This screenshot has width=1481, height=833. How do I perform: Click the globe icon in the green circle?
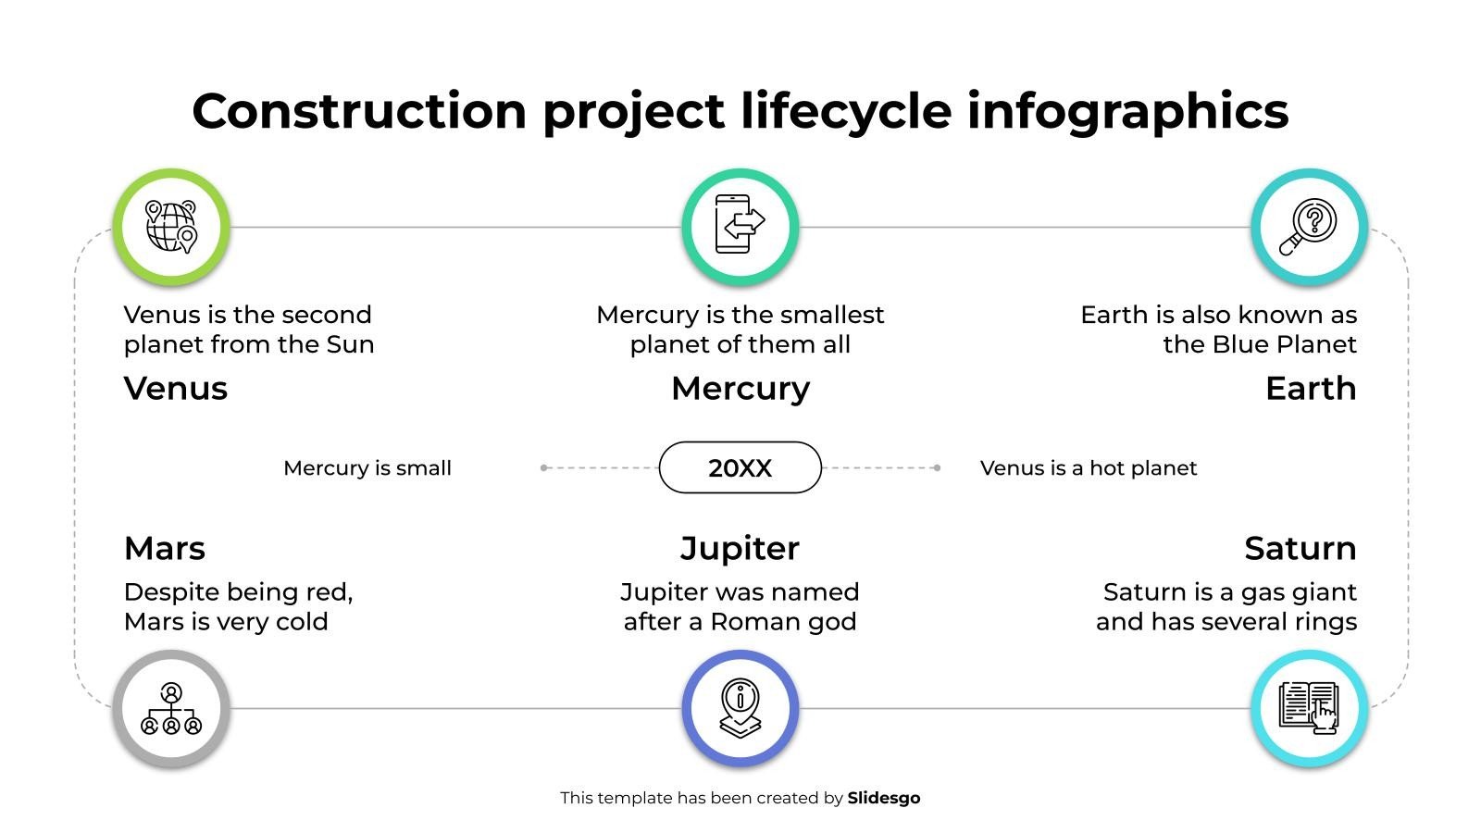[x=171, y=227]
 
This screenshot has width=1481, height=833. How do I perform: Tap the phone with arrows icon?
[x=740, y=224]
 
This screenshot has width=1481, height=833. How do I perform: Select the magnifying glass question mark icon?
[x=1308, y=227]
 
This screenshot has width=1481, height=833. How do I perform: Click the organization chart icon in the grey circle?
[x=171, y=709]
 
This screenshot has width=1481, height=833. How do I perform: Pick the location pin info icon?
[x=740, y=708]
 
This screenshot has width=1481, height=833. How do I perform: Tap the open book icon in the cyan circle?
[x=1309, y=708]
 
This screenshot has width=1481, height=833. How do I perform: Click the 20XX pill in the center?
[x=740, y=467]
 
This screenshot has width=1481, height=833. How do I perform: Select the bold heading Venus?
[x=175, y=388]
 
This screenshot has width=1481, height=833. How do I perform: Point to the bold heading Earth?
[x=1311, y=388]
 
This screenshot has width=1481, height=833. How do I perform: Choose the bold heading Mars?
[x=165, y=548]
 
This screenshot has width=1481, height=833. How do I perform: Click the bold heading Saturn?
[x=1301, y=548]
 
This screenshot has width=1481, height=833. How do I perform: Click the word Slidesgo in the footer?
[x=883, y=798]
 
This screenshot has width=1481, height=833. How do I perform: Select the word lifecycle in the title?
[x=846, y=112]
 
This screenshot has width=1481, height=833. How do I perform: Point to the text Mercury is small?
[x=367, y=468]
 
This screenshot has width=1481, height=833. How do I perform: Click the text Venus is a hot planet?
[x=1089, y=468]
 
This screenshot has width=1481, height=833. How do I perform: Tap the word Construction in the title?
[x=360, y=110]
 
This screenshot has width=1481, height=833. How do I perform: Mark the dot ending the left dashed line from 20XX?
[x=543, y=468]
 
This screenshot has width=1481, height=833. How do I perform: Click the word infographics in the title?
[x=1128, y=112]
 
